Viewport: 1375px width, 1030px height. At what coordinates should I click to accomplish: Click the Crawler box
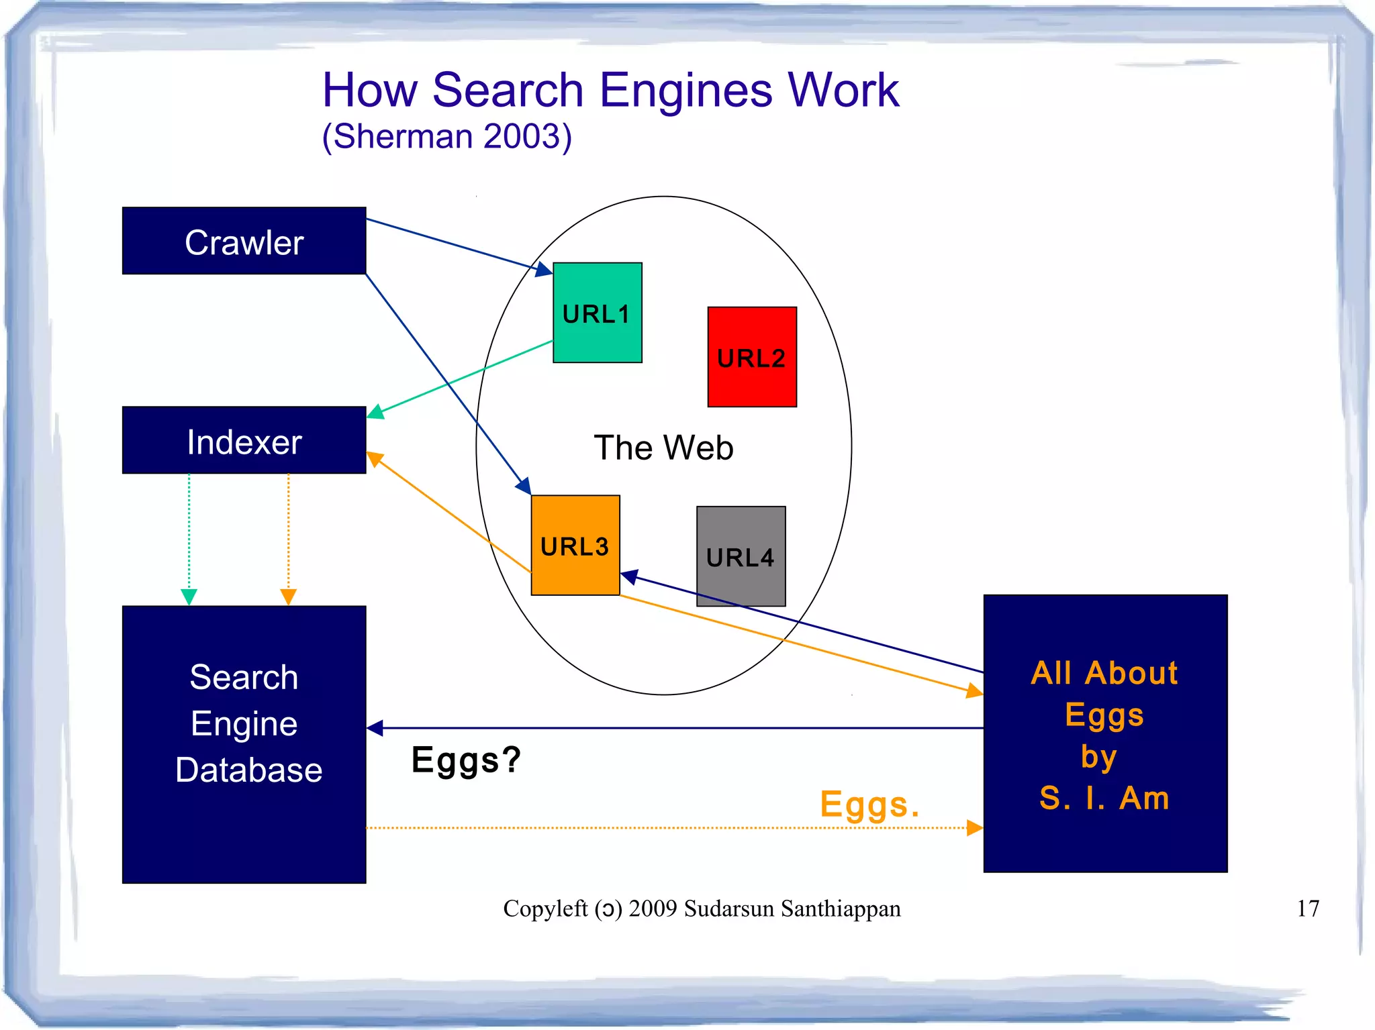point(244,241)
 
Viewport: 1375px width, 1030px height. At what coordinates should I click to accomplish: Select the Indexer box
point(244,440)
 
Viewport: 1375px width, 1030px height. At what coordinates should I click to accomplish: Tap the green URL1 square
point(597,313)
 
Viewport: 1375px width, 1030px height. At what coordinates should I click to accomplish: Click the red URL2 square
point(751,357)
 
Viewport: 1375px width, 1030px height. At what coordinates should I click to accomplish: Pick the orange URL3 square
point(575,546)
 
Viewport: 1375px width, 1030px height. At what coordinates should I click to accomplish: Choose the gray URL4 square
point(741,556)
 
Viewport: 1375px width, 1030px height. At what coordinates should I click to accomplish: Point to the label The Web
point(663,448)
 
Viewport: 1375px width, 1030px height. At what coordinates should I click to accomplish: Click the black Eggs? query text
point(466,760)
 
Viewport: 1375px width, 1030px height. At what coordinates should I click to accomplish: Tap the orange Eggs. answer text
point(869,805)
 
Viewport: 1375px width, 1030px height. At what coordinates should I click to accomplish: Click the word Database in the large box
point(248,770)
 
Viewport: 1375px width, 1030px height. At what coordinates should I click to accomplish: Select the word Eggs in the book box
point(1104,715)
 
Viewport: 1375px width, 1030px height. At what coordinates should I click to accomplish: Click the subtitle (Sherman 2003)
point(447,137)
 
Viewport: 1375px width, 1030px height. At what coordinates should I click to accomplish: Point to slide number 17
point(1307,909)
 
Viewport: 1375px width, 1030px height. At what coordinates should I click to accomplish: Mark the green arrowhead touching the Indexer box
point(375,412)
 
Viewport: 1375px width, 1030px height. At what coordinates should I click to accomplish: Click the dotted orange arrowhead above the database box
point(288,597)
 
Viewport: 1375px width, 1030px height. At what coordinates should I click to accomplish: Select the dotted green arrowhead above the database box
point(189,597)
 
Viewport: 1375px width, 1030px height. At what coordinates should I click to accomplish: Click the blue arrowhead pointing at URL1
point(544,270)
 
